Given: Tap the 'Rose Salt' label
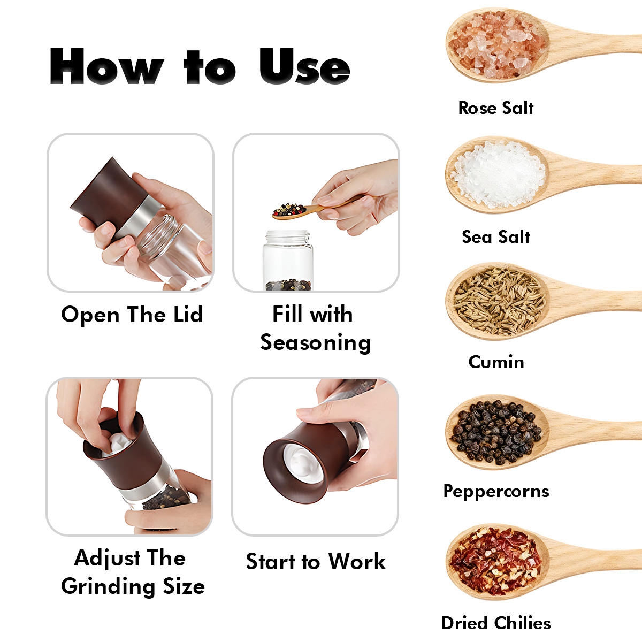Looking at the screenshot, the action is coord(496,108).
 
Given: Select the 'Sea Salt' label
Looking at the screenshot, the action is coord(496,237).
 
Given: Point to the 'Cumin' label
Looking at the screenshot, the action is coord(496,362).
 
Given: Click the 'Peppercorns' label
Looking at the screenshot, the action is coord(496,492).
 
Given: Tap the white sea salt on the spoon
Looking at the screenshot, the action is coord(498,174).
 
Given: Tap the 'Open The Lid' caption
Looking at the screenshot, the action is coord(132,315).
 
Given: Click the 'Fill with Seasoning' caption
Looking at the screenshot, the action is coord(315,328).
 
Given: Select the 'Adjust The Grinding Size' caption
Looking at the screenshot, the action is coord(132,572).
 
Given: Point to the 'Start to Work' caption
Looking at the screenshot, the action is coord(316,561).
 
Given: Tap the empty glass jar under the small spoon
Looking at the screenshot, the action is coord(288,260).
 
